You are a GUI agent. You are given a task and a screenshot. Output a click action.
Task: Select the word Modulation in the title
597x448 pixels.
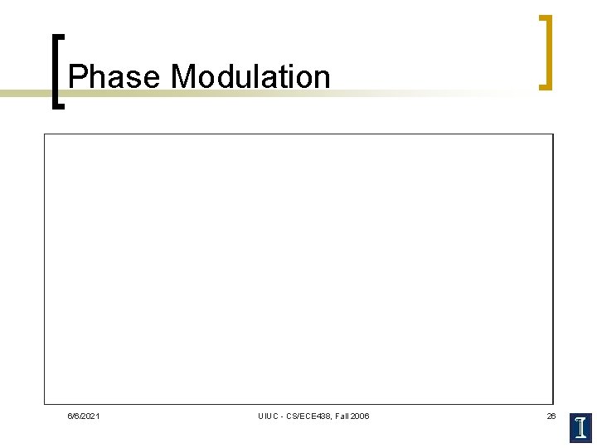pyautogui.click(x=250, y=77)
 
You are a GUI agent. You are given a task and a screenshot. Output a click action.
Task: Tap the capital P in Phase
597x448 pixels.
pyautogui.click(x=76, y=77)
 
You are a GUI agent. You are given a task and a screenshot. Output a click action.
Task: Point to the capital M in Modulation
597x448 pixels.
pyautogui.click(x=182, y=77)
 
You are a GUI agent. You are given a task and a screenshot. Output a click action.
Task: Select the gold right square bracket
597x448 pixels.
pyautogui.click(x=547, y=51)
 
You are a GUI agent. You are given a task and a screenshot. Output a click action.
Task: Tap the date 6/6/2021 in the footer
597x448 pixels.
pyautogui.click(x=84, y=416)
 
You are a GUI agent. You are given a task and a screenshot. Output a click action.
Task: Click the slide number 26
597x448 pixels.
pyautogui.click(x=551, y=416)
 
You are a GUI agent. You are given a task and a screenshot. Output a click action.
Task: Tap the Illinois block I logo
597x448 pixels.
pyautogui.click(x=581, y=427)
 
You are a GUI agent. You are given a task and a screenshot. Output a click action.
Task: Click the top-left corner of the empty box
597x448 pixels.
pyautogui.click(x=45, y=134)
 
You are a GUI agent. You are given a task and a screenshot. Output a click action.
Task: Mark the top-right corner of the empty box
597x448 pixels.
pyautogui.click(x=552, y=134)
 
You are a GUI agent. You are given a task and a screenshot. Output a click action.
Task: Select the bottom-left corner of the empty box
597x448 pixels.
pyautogui.click(x=45, y=403)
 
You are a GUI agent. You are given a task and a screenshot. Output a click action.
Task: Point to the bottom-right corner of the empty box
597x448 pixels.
pyautogui.click(x=552, y=403)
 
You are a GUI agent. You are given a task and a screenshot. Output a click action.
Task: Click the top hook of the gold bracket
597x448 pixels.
pyautogui.click(x=543, y=17)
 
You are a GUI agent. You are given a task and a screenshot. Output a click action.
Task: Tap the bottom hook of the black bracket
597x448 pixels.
pyautogui.click(x=61, y=106)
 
